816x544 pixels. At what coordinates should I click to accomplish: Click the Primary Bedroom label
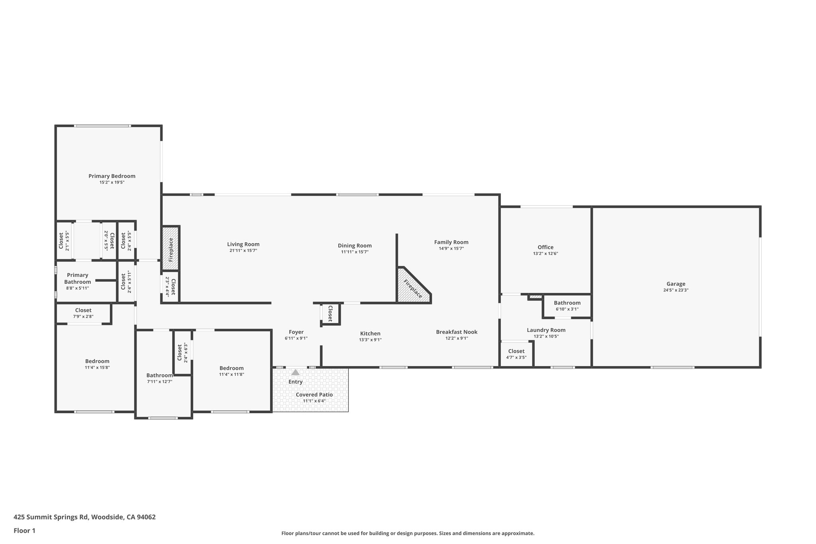(112, 176)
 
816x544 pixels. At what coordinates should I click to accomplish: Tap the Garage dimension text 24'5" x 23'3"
(676, 291)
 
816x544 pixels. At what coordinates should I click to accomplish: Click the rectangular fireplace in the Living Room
(171, 247)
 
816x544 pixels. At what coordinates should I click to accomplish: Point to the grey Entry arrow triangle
(295, 373)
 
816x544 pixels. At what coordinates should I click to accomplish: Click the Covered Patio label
(314, 395)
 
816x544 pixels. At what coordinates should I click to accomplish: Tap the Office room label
(545, 247)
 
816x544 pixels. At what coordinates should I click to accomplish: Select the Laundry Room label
(546, 330)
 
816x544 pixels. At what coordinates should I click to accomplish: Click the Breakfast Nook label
(457, 332)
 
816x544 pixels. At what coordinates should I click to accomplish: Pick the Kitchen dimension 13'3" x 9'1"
(370, 340)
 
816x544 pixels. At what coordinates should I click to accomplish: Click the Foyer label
(296, 332)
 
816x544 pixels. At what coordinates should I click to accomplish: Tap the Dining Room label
(355, 245)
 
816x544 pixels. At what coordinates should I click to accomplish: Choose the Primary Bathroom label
(78, 278)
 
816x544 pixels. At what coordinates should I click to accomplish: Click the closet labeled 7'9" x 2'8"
(83, 313)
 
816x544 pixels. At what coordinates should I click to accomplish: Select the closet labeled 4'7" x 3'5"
(516, 354)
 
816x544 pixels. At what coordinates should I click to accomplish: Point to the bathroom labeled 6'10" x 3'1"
(567, 306)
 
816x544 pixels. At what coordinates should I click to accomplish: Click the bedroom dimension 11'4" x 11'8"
(231, 375)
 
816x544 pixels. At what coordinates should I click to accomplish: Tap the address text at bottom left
(84, 517)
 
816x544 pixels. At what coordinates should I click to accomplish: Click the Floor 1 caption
(24, 530)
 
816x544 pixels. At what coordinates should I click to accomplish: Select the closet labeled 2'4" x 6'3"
(182, 353)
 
